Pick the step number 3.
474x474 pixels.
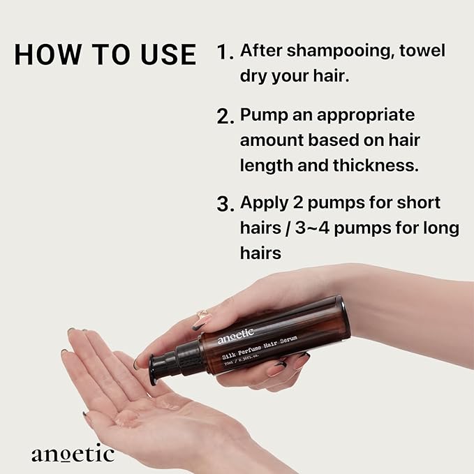(x=224, y=205)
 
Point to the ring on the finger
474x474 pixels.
(x=201, y=316)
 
